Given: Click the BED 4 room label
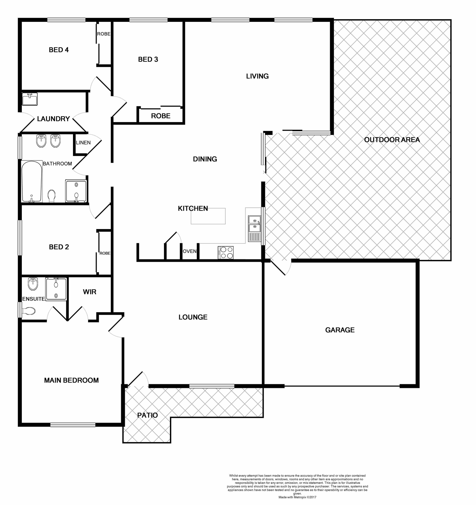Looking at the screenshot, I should point(59,50).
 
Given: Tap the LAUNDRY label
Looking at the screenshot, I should point(53,119).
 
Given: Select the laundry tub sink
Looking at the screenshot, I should point(30,99).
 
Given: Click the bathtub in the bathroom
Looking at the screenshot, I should point(32,181).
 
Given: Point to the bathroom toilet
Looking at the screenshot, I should point(52,196).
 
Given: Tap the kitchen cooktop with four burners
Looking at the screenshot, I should point(226,252).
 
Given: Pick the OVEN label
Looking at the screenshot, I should point(189,251).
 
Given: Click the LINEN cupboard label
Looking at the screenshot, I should point(83,143).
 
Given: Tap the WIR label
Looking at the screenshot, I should point(90,292).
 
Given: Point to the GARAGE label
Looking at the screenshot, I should point(340,330).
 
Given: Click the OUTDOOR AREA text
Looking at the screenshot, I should point(392,140).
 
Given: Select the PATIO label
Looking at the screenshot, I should point(147,415).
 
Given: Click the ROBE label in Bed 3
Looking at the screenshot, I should point(161,116).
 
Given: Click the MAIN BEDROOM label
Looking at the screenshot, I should point(71,380).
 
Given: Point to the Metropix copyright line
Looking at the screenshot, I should point(297,497).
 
